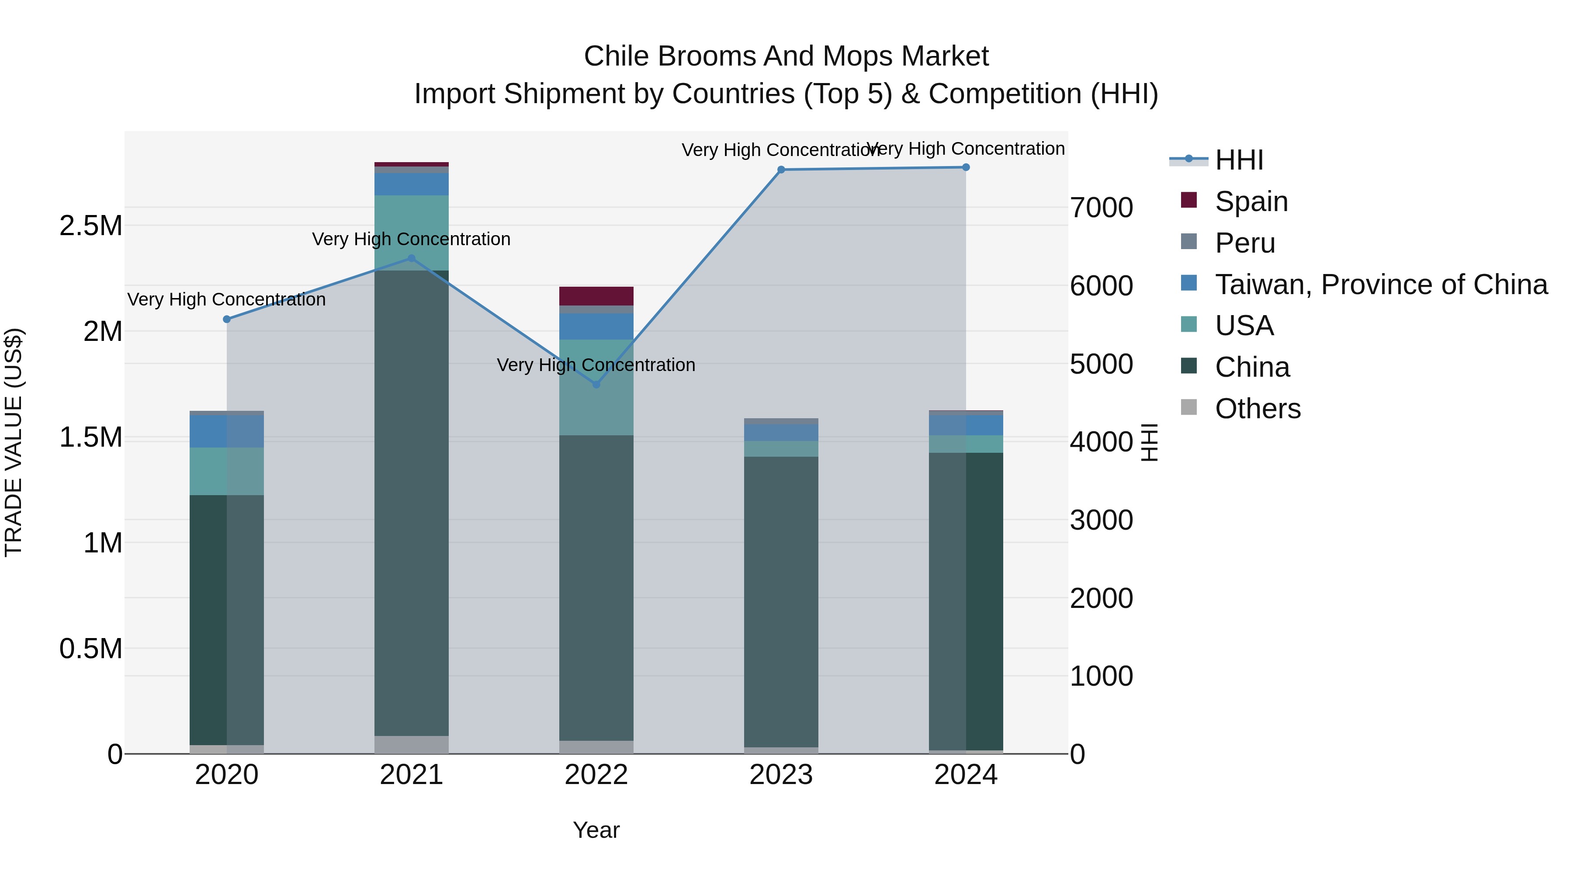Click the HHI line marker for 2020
226,319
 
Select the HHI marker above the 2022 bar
596,384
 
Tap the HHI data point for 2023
781,170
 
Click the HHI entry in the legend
1238,160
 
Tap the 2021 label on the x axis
412,775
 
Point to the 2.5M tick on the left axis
91,226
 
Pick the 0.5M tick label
91,649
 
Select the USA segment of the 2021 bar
412,232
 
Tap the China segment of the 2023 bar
781,602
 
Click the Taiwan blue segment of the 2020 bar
226,431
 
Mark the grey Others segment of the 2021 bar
412,745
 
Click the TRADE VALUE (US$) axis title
14,442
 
